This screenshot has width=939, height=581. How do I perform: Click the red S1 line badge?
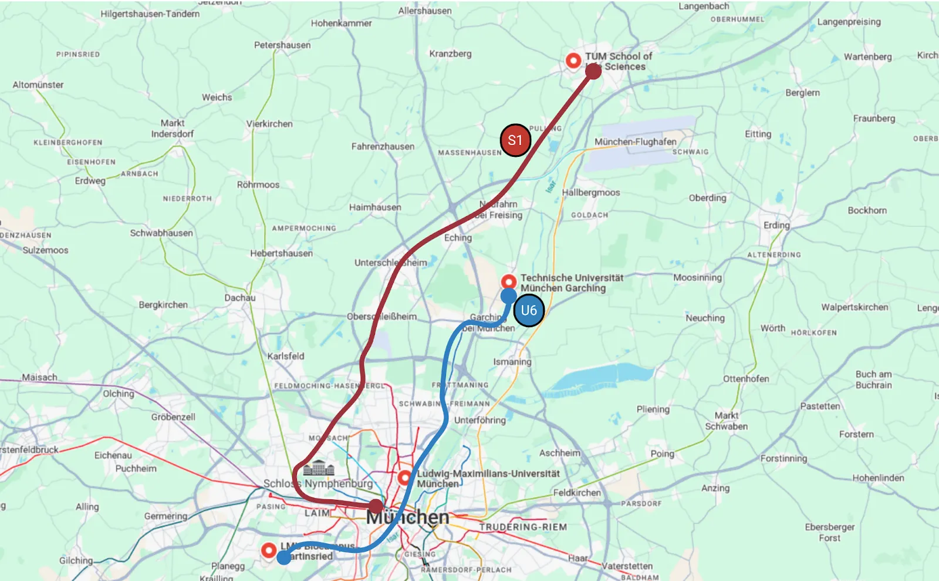point(515,140)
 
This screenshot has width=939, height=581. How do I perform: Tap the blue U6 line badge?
point(529,310)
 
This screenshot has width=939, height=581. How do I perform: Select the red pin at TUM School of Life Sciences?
point(573,60)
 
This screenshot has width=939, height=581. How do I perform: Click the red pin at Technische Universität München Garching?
point(509,281)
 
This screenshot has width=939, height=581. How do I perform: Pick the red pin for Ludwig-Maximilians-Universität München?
point(405,477)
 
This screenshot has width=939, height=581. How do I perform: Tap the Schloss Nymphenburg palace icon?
point(319,468)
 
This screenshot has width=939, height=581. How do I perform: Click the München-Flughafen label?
point(635,142)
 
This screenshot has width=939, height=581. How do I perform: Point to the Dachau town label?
point(240,298)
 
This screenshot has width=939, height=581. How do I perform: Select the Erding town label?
point(776,225)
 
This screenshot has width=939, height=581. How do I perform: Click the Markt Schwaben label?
point(727,421)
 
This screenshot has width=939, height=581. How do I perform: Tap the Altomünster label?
point(38,85)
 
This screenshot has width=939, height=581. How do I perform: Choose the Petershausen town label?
point(282,45)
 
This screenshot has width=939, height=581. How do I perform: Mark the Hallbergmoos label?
point(590,193)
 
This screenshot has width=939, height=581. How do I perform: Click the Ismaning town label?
point(512,362)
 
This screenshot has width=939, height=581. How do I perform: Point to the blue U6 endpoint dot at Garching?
point(509,295)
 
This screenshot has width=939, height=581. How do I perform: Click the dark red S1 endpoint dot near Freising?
point(593,71)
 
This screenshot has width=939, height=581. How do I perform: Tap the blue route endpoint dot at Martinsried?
point(283,558)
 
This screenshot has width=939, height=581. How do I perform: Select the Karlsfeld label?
point(286,356)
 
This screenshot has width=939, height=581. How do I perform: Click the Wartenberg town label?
point(867,57)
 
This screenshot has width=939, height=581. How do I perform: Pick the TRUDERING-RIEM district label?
point(523,527)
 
